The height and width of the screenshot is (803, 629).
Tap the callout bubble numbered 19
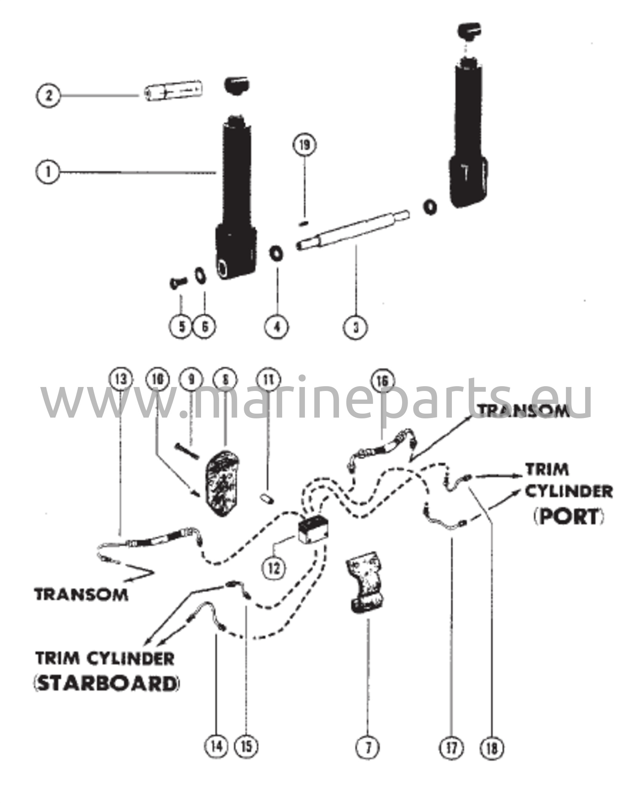pos(305,145)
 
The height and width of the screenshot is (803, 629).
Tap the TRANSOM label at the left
pos(81,594)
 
